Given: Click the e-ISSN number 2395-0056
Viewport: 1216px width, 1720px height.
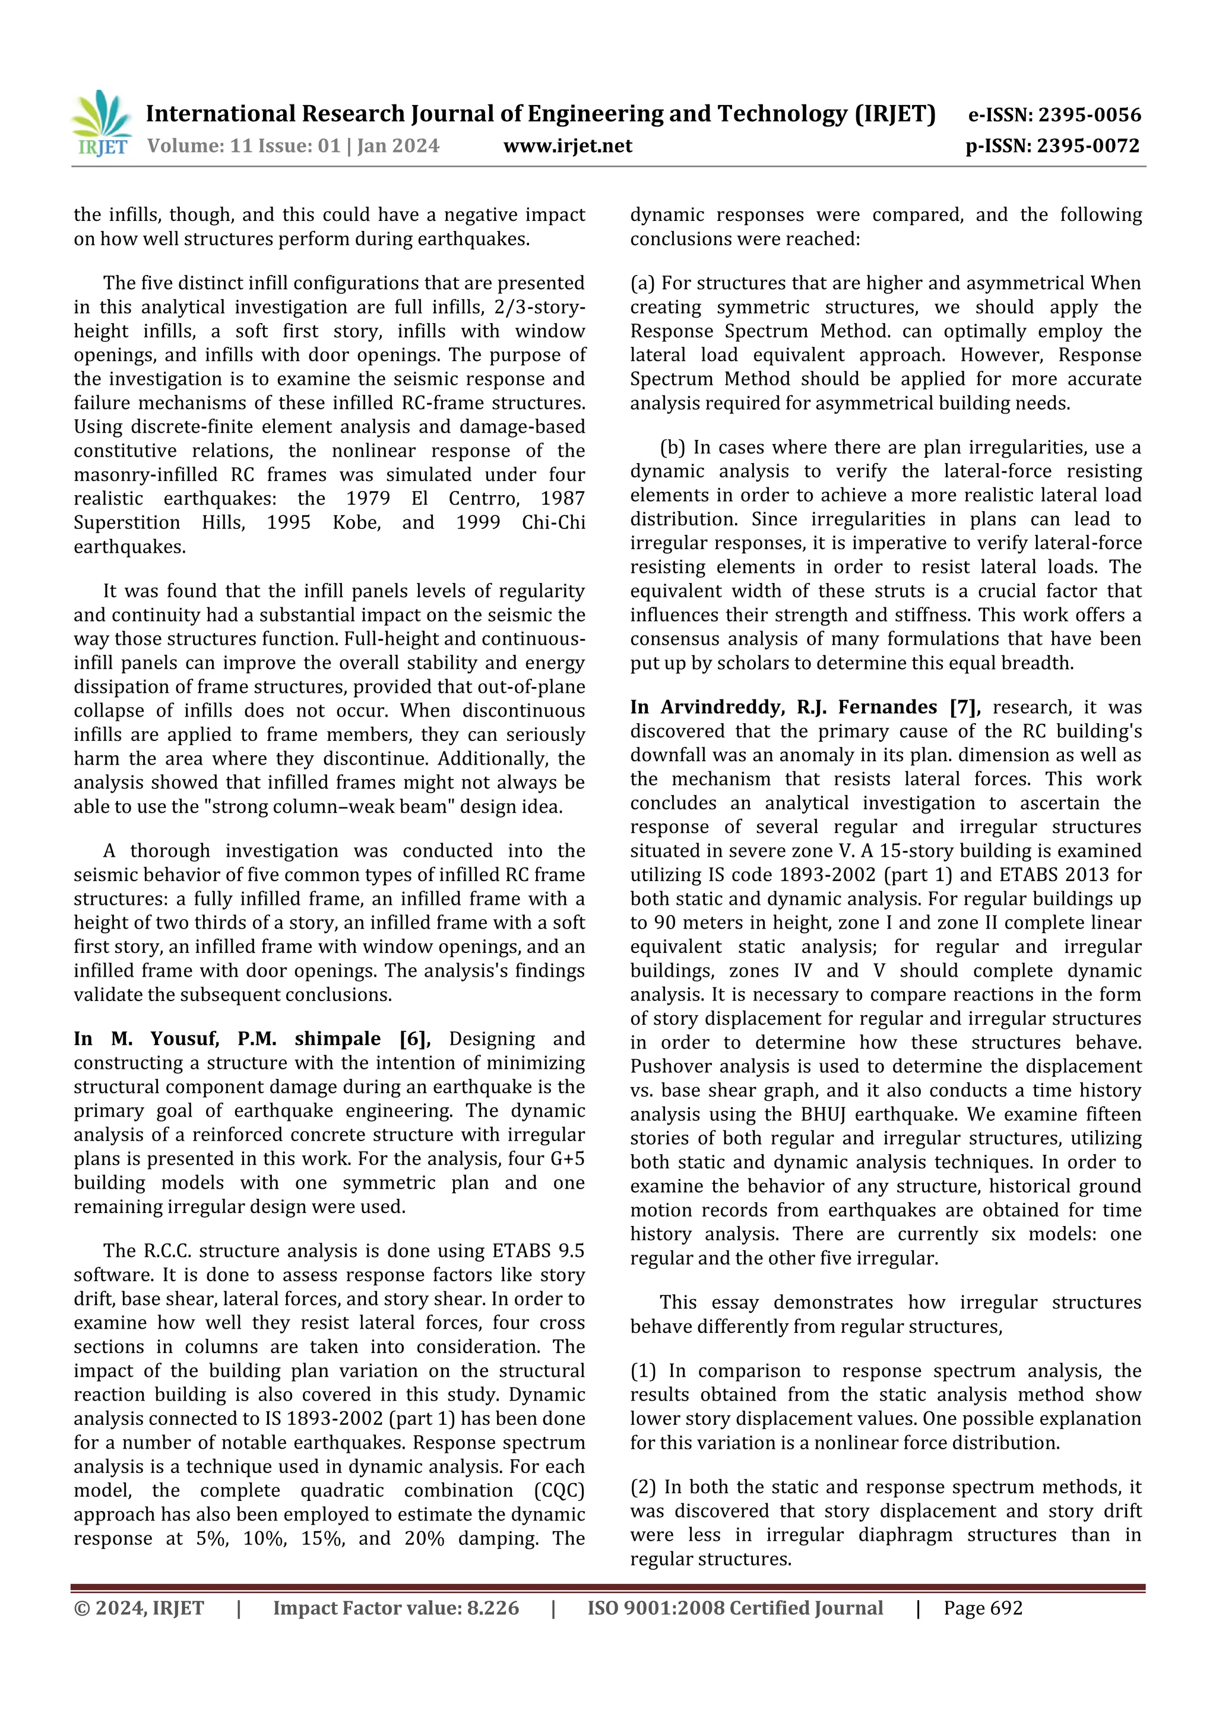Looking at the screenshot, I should coord(1090,115).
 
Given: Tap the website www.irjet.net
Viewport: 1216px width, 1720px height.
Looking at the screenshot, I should coord(567,145).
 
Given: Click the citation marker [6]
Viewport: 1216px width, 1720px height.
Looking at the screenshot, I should coord(414,1039).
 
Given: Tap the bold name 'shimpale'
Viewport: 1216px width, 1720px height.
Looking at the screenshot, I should coord(337,1039).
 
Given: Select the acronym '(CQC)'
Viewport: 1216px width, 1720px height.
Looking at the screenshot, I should coord(558,1491).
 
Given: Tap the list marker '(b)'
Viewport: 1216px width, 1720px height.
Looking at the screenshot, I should coord(673,447).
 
